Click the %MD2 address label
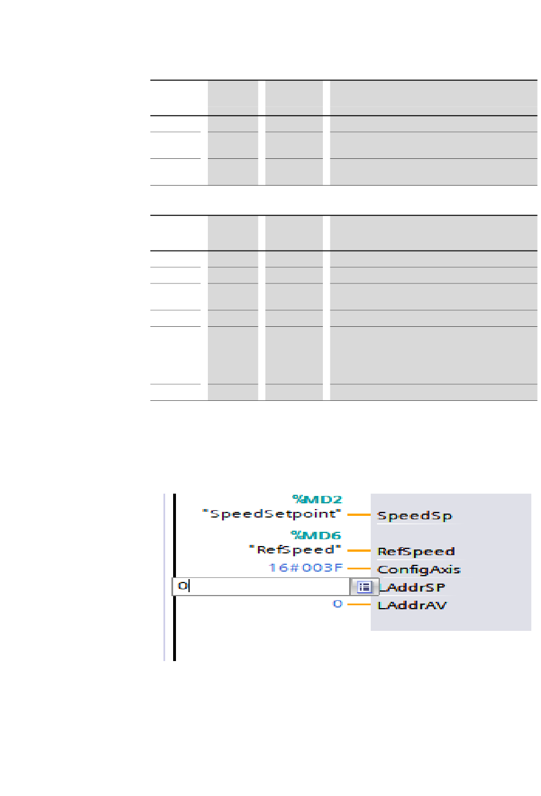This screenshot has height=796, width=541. coord(317,500)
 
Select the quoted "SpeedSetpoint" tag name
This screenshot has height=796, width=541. coord(272,514)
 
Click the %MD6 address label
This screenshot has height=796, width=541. coord(316,535)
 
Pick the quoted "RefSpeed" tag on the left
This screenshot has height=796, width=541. coord(295,550)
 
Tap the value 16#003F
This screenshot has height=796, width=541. coord(306,568)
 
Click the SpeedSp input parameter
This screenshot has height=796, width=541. coord(415,516)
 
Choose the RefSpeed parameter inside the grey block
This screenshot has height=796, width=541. coord(416,551)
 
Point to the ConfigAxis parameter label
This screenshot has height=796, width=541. coord(419,569)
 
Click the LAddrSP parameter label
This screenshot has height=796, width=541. coord(412,587)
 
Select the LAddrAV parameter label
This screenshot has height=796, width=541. coord(412,605)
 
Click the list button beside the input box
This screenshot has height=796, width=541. coord(364,587)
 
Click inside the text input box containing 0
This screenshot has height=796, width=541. coord(262,586)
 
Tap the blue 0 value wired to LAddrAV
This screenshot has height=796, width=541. coord(338,604)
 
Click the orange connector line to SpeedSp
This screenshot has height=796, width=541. coord(359,515)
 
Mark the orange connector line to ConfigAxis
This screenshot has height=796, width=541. coord(359,568)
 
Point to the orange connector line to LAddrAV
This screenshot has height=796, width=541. coord(359,604)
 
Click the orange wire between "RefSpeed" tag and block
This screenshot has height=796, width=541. coord(359,551)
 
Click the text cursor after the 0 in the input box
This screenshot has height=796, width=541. coord(189,586)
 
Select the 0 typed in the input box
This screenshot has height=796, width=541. coord(182,586)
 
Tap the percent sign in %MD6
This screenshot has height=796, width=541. coord(296,535)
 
